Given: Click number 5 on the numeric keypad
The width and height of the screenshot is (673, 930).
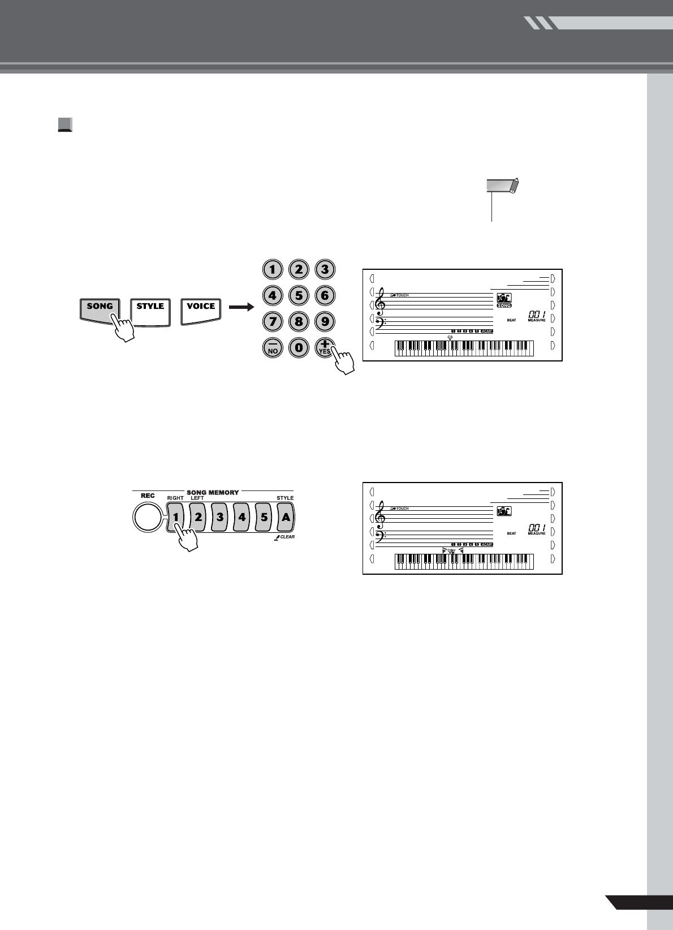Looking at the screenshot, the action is coord(299,295).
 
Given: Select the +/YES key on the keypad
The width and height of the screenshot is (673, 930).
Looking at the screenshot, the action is coord(325,347).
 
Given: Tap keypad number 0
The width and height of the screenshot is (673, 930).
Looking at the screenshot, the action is coord(299,347).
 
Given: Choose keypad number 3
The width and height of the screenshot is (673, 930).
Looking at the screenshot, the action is coord(325,269).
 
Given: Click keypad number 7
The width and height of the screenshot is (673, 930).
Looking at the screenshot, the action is coord(273,321).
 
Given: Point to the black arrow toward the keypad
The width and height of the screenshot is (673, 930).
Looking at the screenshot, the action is coord(241,307).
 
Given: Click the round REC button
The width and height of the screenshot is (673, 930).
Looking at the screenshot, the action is coord(146,518).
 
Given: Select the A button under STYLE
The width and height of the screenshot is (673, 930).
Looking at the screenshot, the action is coord(286,517).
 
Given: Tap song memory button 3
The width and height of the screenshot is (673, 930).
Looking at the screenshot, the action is coord(220,517).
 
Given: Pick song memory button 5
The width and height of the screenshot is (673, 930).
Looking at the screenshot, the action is coord(264,517).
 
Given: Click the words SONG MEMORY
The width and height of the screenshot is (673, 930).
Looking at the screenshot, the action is coord(213,493).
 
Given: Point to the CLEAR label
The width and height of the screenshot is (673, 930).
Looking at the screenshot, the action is coord(287,537).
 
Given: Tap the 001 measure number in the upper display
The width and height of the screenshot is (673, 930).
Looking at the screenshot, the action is coord(536,314).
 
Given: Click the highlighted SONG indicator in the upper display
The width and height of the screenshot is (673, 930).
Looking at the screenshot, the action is coord(504,305).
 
